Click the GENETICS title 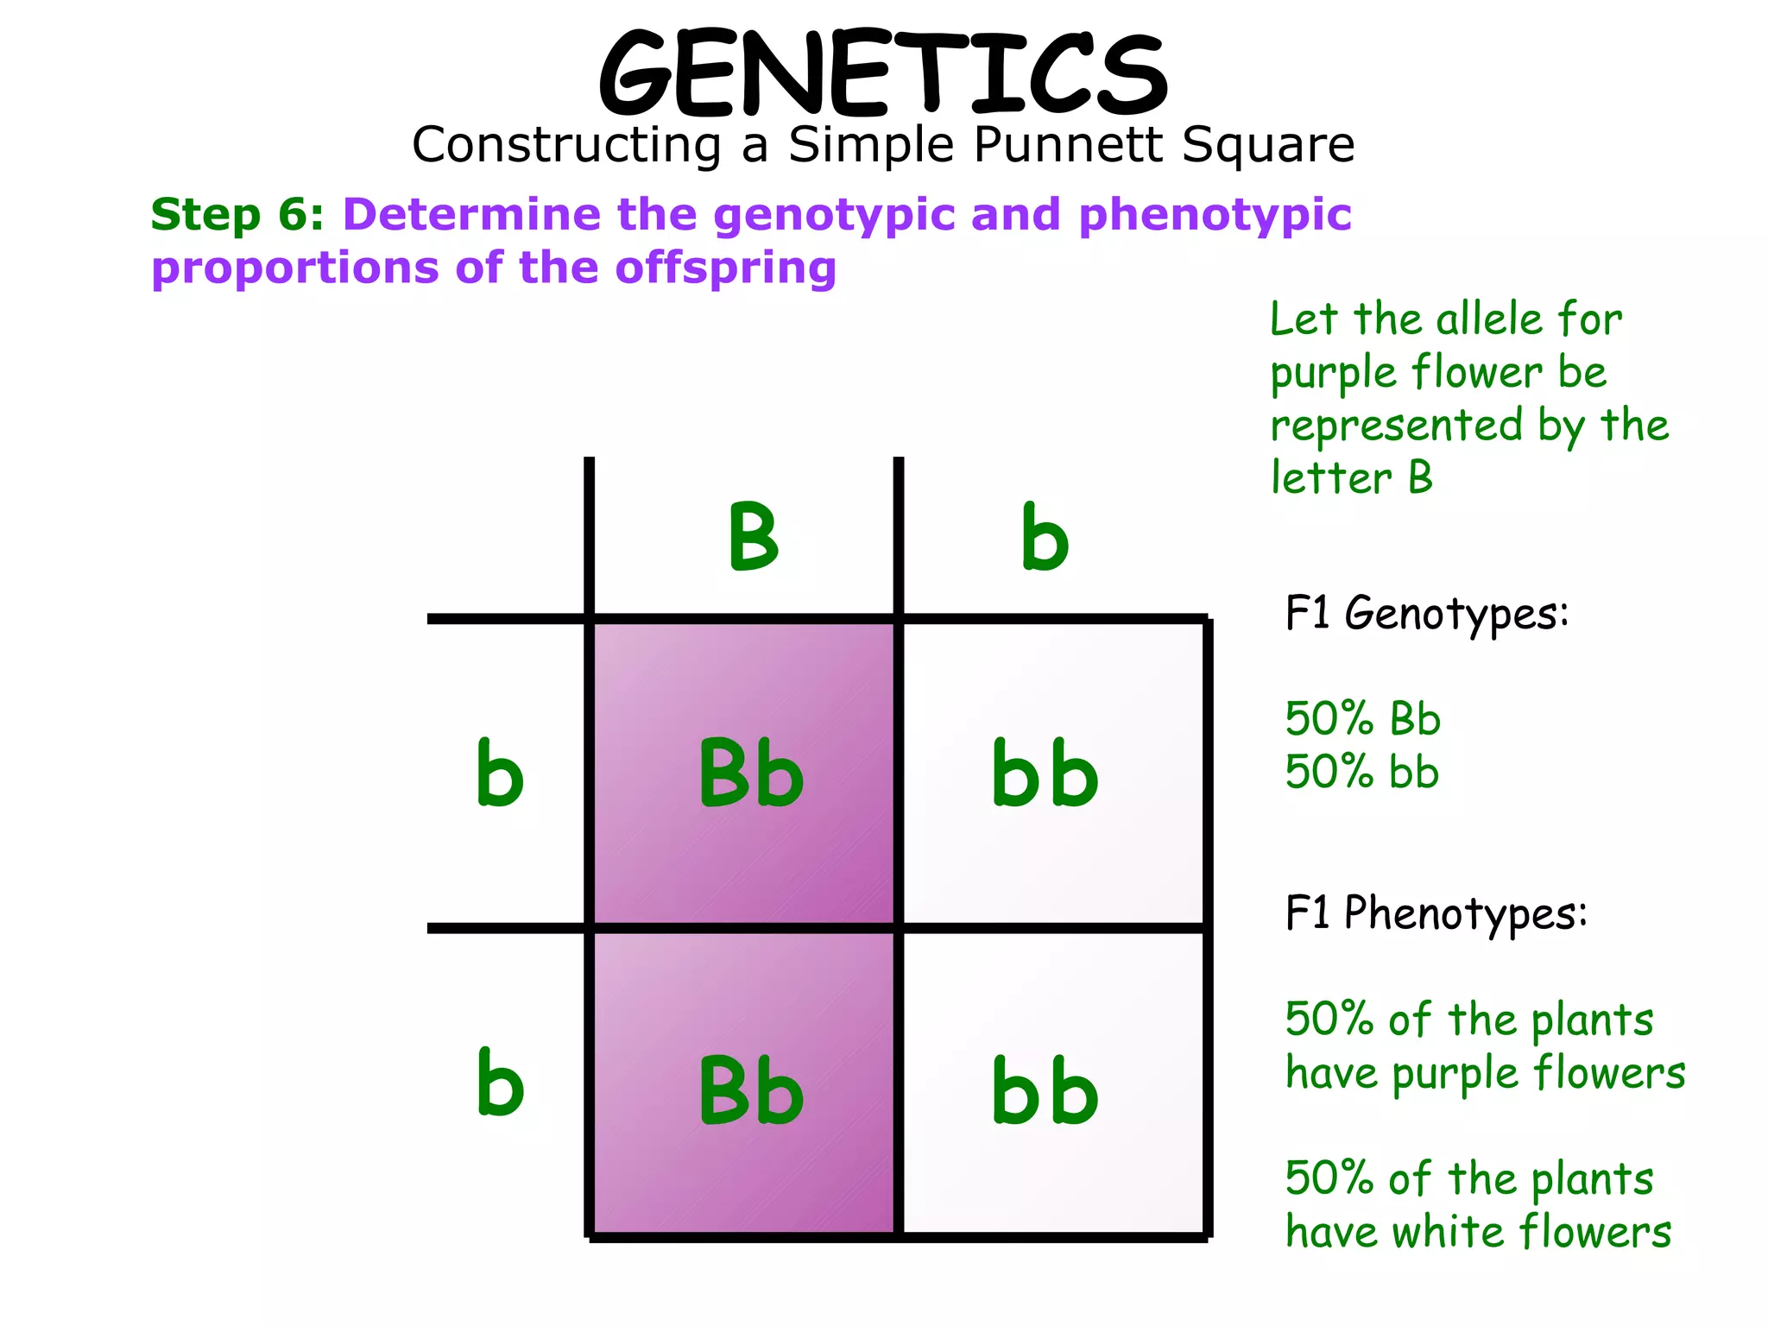(883, 74)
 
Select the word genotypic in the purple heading (834, 216)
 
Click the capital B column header (753, 537)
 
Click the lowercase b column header (1045, 537)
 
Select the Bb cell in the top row (750, 773)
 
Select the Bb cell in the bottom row (750, 1091)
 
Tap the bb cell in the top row (1045, 773)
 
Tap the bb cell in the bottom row (1045, 1091)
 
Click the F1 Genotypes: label (1426, 615)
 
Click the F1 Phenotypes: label (1436, 913)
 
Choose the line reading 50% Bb (1362, 719)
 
